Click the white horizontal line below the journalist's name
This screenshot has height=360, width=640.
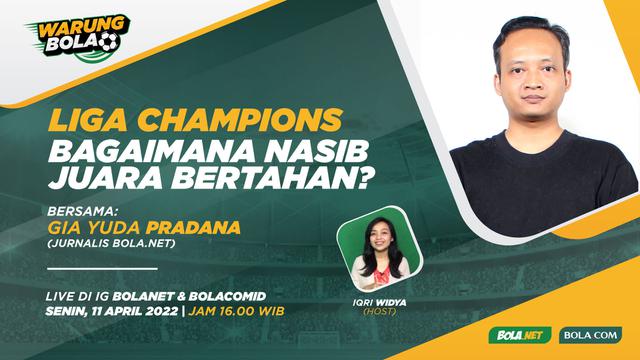(x=102, y=268)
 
